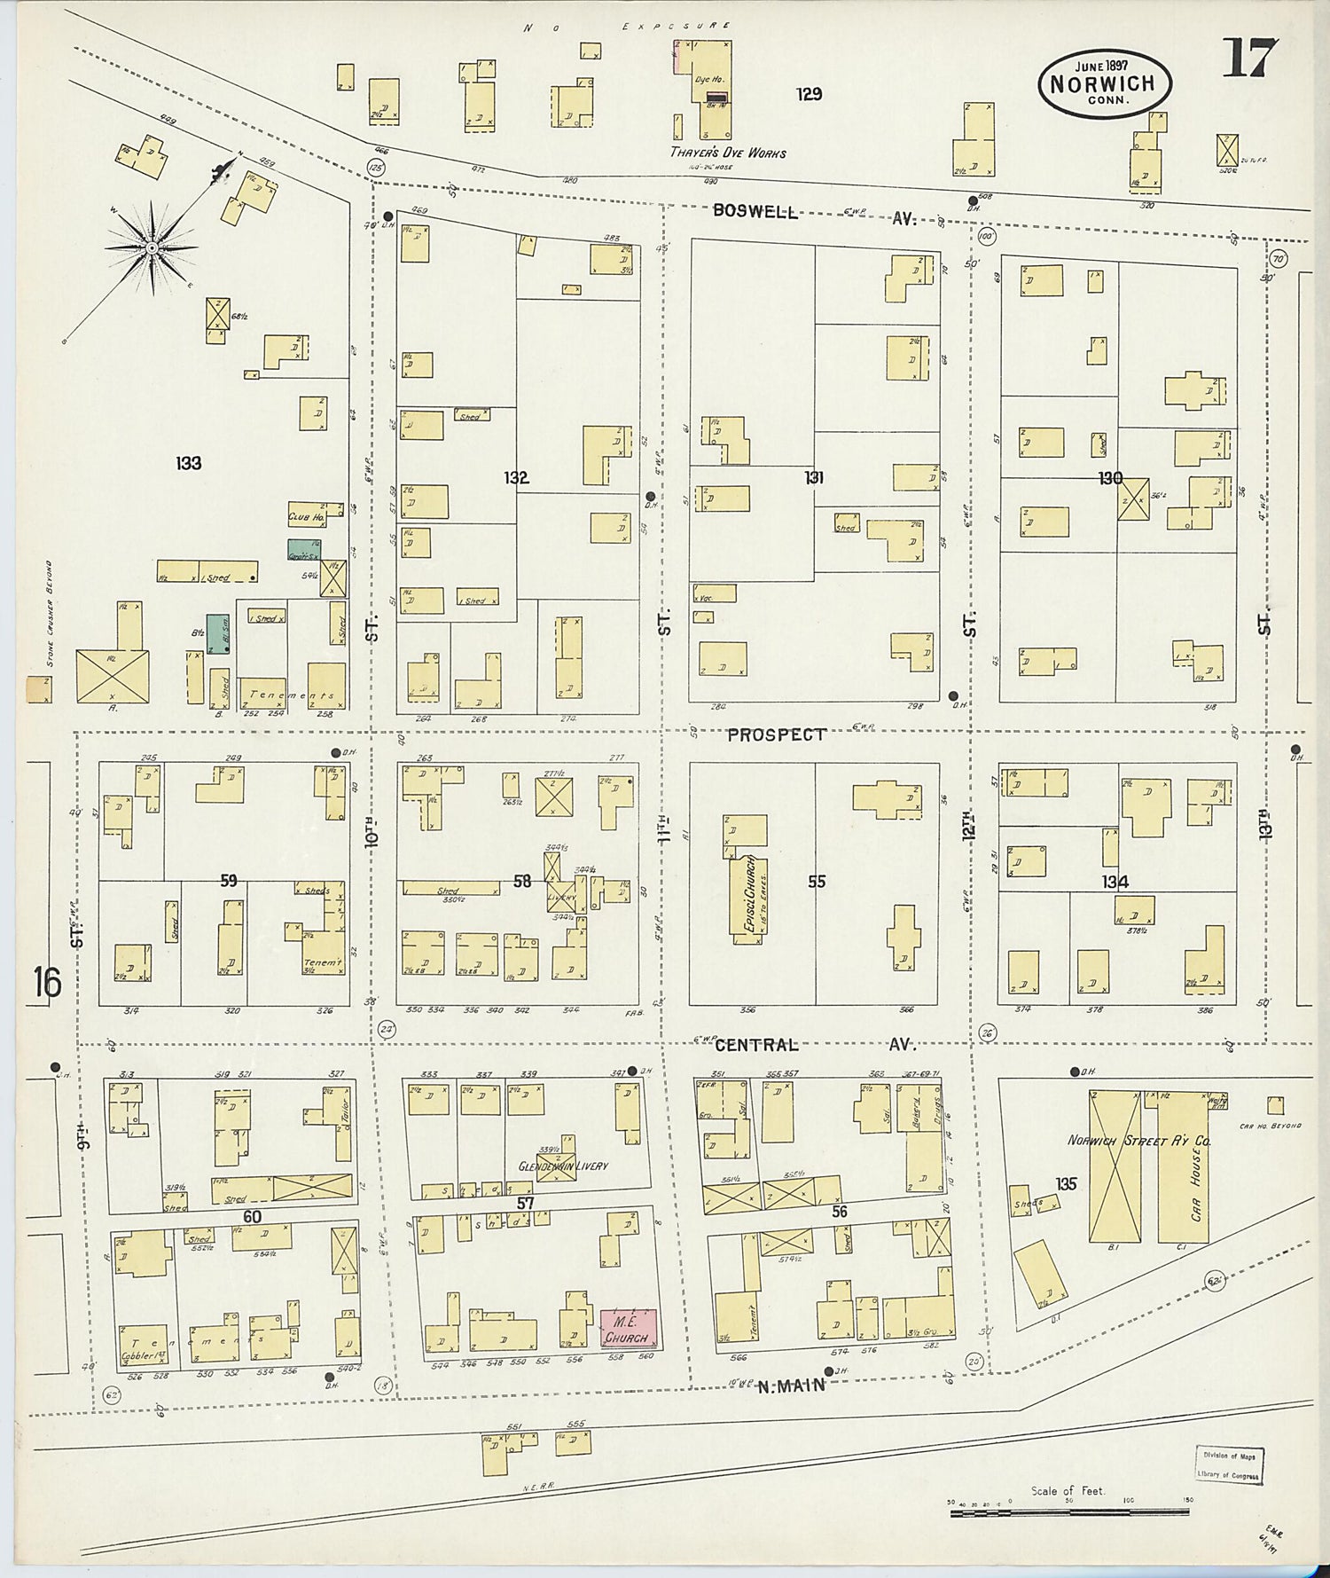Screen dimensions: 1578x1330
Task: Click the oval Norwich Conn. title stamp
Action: pos(1104,84)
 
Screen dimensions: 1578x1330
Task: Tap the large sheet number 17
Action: pos(1249,59)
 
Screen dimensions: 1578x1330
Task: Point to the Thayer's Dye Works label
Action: pos(727,153)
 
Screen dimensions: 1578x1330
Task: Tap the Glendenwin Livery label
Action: pos(563,1166)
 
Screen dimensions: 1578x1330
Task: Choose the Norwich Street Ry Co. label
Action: pos(1138,1142)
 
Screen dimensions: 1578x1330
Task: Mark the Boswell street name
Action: pos(756,213)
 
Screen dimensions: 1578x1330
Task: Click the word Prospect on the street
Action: pos(777,734)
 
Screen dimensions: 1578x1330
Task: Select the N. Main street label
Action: pos(792,1385)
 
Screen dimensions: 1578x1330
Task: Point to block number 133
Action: pos(188,463)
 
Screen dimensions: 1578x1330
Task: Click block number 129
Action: pos(809,94)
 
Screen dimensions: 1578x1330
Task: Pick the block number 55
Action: pos(816,882)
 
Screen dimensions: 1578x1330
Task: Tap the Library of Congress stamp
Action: pos(1229,1465)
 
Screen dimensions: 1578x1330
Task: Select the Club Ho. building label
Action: pos(304,515)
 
